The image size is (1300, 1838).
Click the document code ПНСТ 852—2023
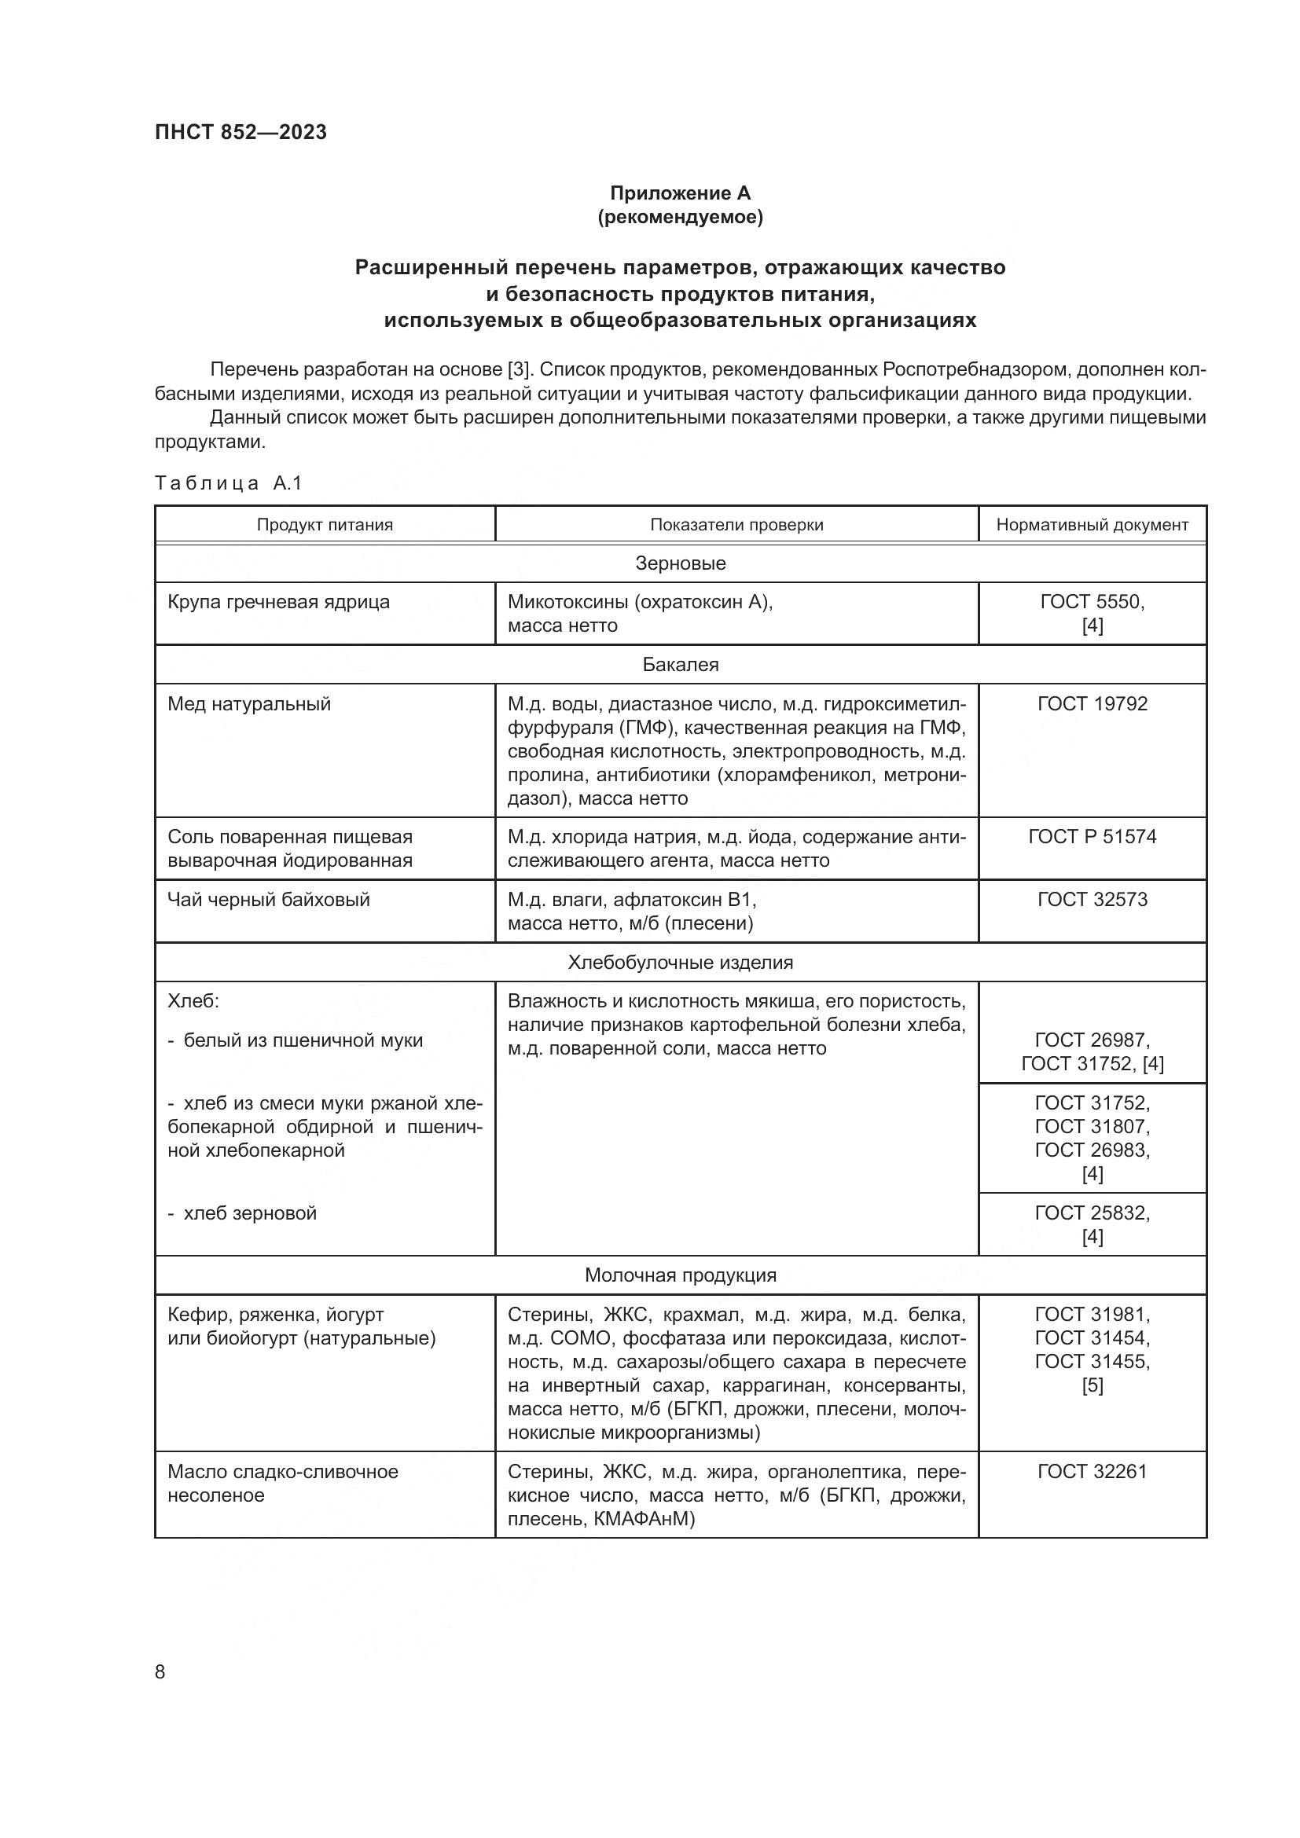coord(241,132)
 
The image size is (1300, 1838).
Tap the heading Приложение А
coord(680,193)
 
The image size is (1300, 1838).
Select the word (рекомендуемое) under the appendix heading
coord(680,217)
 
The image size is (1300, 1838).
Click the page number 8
coord(160,1671)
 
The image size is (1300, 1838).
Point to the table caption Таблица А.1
coord(228,482)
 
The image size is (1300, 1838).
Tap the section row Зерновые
coord(680,563)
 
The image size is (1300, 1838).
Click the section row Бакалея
coord(680,665)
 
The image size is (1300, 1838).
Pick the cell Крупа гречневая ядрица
coord(278,602)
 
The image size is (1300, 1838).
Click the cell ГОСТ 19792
coord(1092,703)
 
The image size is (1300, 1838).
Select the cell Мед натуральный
coord(249,703)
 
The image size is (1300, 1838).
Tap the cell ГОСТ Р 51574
coord(1092,837)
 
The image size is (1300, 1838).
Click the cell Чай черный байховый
coord(268,899)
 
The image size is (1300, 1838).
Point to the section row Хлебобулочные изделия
coord(680,963)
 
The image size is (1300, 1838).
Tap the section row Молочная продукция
coord(680,1275)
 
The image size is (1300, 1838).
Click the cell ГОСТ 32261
coord(1092,1471)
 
